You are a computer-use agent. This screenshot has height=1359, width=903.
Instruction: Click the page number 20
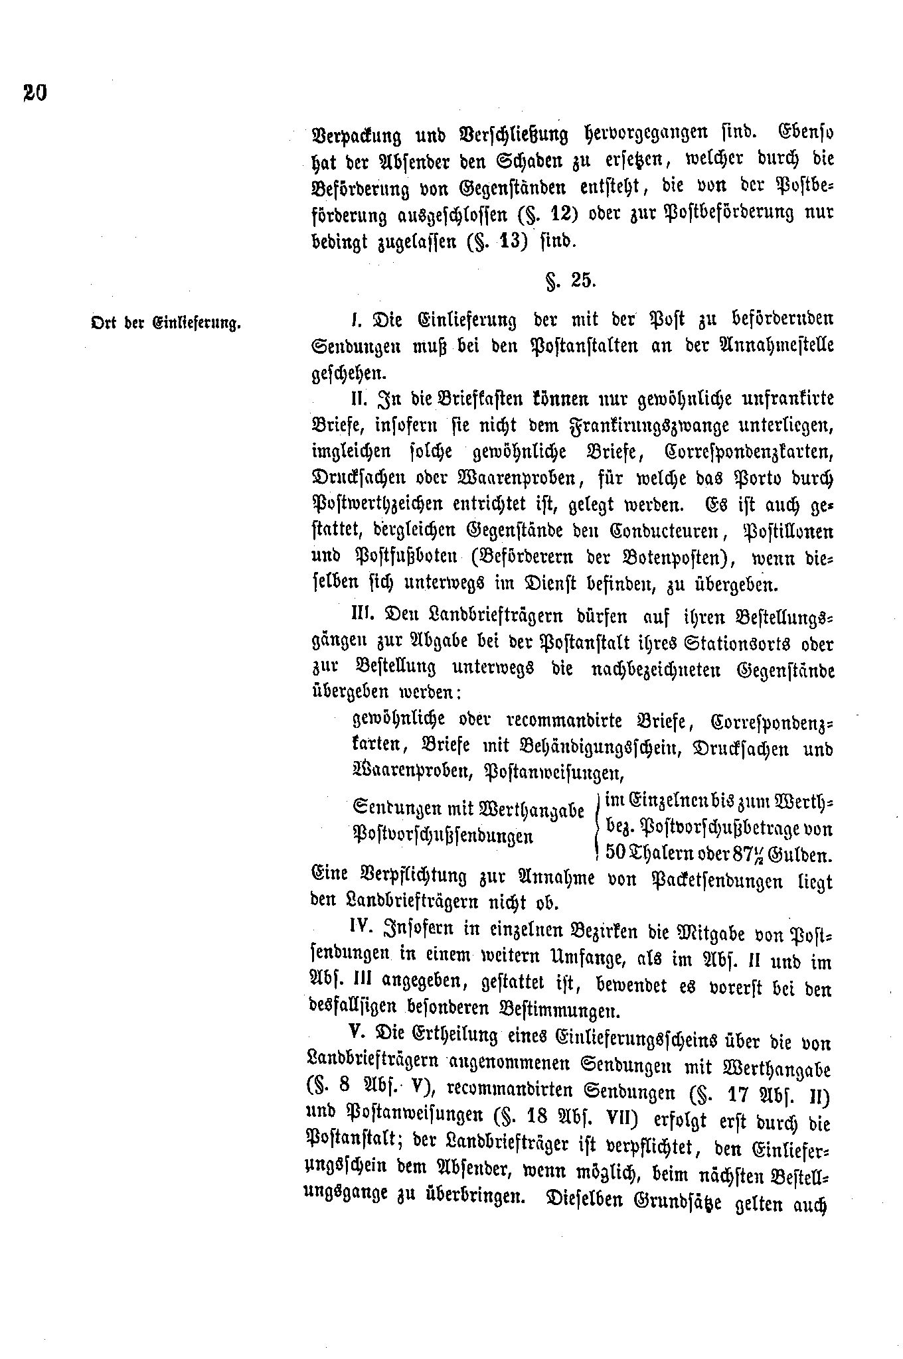(x=35, y=92)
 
